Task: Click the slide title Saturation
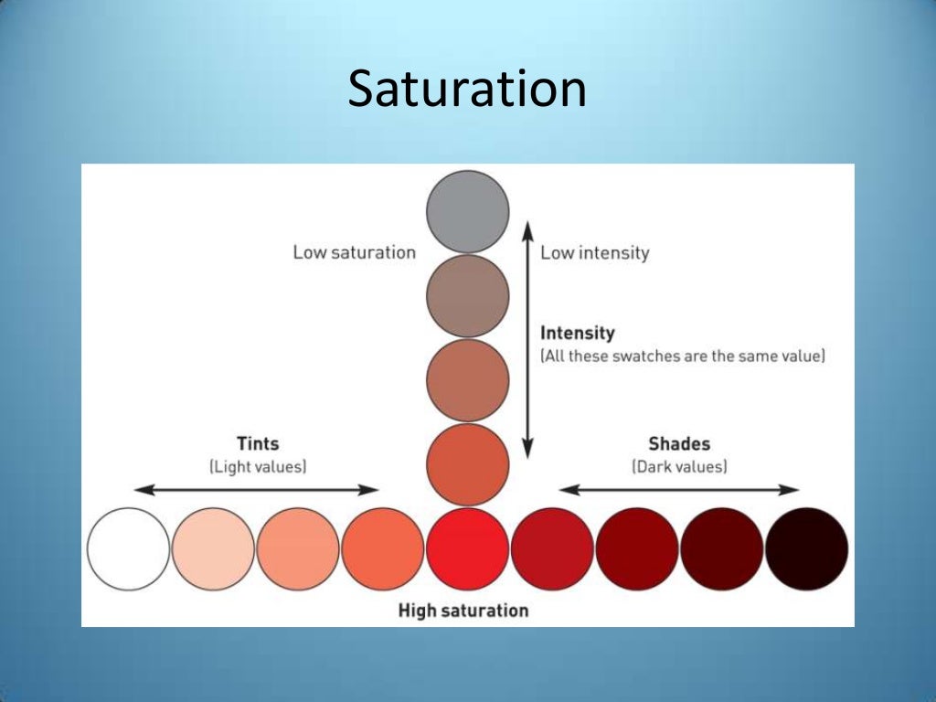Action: (x=467, y=90)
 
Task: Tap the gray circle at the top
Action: (x=467, y=211)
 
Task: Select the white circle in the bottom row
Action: (x=128, y=549)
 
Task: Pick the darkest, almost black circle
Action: (x=806, y=549)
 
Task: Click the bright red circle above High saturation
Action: (x=467, y=549)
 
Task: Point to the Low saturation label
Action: (x=354, y=252)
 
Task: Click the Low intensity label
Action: (x=594, y=252)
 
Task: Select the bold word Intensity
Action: (x=577, y=333)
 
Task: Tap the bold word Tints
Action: (x=258, y=443)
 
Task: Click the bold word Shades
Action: (x=679, y=443)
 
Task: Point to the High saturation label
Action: (x=463, y=610)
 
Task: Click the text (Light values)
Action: (x=258, y=466)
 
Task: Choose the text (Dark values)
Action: (x=679, y=466)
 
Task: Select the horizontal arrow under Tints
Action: (x=257, y=490)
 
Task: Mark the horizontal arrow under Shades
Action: (x=679, y=490)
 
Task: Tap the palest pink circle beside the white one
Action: (x=213, y=549)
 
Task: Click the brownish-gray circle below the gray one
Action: (x=467, y=296)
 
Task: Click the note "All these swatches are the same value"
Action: (x=683, y=356)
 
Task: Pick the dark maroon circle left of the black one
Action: (x=721, y=549)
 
